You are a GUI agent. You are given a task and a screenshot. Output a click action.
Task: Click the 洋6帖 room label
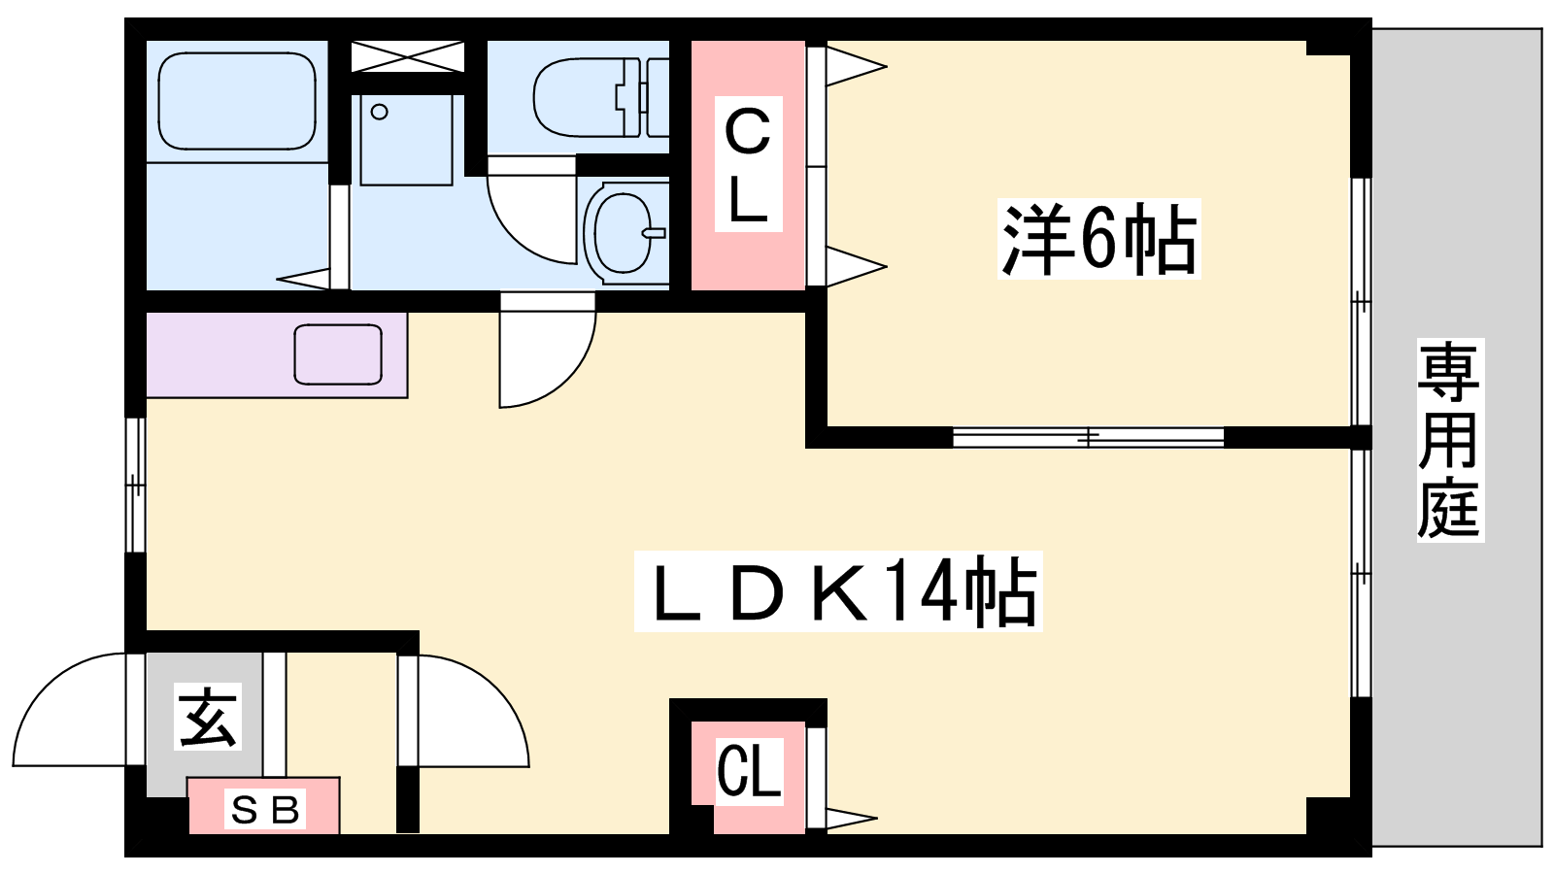pos(1098,239)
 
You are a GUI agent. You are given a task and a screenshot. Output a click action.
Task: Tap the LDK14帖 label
pos(838,591)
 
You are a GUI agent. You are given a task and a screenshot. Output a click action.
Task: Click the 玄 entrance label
pos(208,717)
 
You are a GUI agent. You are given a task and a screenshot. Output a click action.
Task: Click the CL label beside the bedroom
pos(748,164)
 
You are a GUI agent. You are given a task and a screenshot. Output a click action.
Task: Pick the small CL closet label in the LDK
pos(749,771)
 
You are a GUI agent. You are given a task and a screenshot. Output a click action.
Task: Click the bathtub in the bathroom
pos(237,101)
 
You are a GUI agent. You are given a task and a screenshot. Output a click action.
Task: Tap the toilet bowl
pos(601,97)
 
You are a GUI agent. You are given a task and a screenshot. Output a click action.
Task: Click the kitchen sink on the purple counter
pos(338,354)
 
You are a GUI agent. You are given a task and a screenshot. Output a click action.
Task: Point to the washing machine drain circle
pos(379,112)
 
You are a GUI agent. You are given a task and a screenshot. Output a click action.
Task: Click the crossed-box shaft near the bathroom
pos(407,56)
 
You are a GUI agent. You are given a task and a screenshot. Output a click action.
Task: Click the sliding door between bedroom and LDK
pos(1088,437)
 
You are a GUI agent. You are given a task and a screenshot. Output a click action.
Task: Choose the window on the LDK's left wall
pos(135,485)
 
